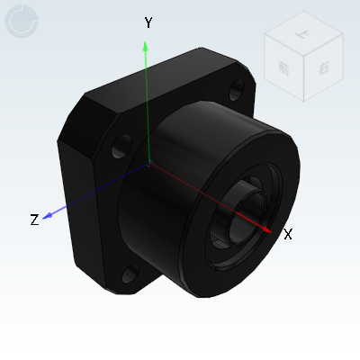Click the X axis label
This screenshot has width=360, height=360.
(288, 235)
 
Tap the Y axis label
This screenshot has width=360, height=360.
(148, 23)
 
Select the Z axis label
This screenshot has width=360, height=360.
(34, 220)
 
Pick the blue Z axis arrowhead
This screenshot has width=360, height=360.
(50, 214)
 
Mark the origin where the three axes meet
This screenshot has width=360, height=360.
(148, 165)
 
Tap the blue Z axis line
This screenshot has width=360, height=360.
(99, 191)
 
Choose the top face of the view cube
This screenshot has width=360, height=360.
(300, 40)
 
